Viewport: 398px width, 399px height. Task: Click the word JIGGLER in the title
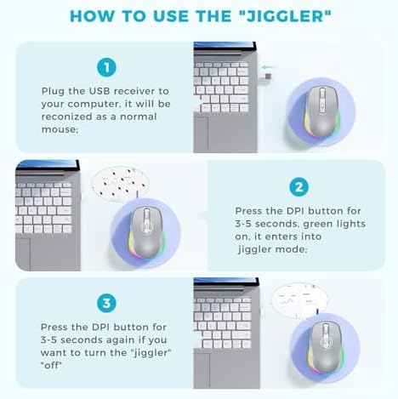(285, 16)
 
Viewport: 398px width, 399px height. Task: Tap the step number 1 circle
(106, 67)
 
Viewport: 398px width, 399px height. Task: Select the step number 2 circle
(299, 187)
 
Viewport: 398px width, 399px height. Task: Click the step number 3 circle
(106, 303)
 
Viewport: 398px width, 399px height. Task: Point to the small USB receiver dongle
(268, 77)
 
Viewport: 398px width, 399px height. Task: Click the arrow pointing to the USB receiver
(268, 67)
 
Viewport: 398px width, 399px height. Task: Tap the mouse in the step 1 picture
(321, 112)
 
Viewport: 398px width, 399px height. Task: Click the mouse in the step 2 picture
(146, 232)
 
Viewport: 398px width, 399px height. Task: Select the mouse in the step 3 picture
(326, 346)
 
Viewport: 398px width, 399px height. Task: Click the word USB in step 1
(99, 91)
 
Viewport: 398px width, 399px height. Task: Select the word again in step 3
(117, 340)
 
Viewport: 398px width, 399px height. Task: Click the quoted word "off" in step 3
(51, 365)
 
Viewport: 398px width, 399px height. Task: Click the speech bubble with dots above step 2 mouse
(121, 181)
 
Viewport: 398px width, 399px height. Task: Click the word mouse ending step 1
(60, 129)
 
